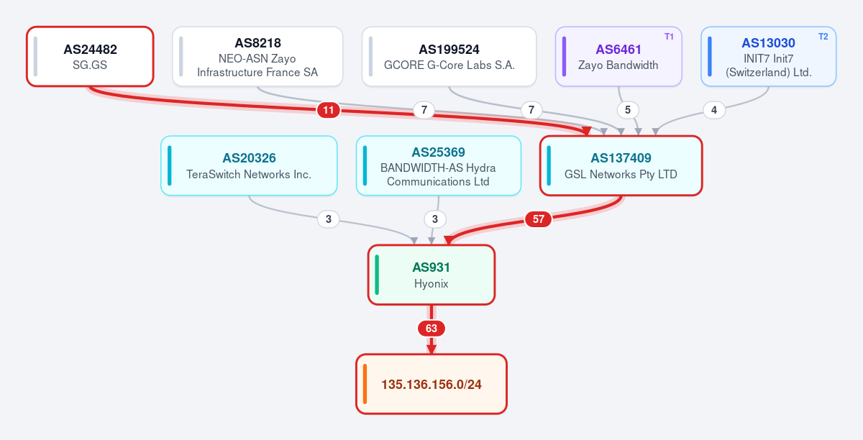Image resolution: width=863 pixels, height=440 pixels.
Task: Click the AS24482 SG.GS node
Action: coord(90,57)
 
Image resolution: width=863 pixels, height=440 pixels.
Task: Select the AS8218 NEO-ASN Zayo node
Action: coord(257,57)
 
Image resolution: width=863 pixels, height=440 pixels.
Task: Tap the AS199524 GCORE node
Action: coord(449,57)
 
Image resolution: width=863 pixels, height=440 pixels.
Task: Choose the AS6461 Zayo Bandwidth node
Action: coord(618,57)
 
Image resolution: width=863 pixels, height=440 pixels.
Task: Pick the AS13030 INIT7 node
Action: coord(768,57)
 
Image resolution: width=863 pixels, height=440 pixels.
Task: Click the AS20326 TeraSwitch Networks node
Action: coord(249,165)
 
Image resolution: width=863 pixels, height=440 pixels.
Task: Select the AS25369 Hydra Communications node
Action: coord(439,165)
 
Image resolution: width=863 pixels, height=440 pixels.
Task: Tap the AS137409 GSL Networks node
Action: coord(621,165)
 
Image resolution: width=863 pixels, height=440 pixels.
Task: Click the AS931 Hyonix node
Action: coord(431,275)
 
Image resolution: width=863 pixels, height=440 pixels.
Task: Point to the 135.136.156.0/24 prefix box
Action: coord(431,384)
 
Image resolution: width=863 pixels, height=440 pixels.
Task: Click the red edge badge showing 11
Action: coord(328,110)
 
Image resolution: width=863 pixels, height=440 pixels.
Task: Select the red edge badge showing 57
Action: coord(538,219)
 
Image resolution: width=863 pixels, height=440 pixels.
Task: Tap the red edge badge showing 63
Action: coord(431,329)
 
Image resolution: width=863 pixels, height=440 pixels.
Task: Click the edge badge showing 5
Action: coord(628,110)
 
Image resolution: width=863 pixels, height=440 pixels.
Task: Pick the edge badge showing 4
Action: coord(714,110)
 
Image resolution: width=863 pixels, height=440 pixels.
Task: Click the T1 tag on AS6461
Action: coord(669,37)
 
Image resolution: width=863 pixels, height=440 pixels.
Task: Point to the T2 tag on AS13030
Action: coord(823,37)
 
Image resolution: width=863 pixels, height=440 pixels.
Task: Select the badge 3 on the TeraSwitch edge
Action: coord(328,219)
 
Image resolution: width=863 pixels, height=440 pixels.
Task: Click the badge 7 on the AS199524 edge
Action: coord(531,110)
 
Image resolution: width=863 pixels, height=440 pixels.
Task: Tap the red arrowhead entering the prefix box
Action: coord(431,349)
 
